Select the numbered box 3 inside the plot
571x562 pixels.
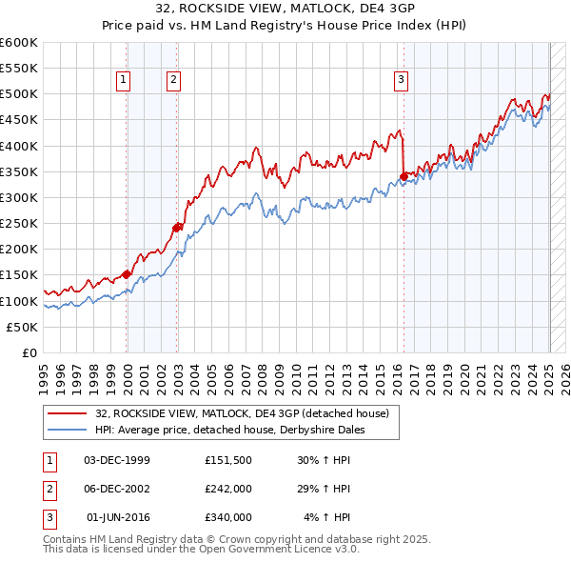click(402, 80)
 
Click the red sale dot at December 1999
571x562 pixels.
click(127, 274)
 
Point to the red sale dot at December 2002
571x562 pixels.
click(177, 227)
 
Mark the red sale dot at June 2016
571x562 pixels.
click(404, 176)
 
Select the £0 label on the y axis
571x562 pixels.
click(30, 353)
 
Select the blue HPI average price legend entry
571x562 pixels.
click(229, 430)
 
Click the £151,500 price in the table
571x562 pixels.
click(227, 460)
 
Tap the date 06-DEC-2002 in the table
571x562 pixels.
click(117, 489)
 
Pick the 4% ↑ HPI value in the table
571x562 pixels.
click(327, 517)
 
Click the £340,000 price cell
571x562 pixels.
click(227, 517)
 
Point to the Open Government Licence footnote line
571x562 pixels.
click(201, 550)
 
